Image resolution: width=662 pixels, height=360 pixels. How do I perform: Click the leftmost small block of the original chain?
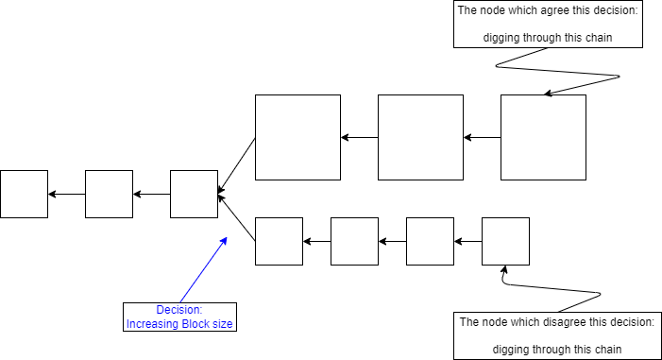pyautogui.click(x=24, y=194)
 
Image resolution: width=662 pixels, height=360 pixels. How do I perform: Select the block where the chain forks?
pyautogui.click(x=194, y=194)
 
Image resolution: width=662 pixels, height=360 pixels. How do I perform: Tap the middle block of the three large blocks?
pyautogui.click(x=420, y=137)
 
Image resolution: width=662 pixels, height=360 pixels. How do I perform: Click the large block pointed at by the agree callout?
pyautogui.click(x=543, y=137)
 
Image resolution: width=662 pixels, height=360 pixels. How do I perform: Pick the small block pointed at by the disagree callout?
pyautogui.click(x=505, y=241)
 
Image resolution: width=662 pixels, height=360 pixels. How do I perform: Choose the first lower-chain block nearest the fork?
pyautogui.click(x=279, y=241)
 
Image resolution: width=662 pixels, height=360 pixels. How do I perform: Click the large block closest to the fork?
pyautogui.click(x=297, y=137)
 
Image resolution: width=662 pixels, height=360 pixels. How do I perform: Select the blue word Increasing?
pyautogui.click(x=154, y=324)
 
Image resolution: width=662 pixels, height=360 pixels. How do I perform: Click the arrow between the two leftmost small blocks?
pyautogui.click(x=66, y=194)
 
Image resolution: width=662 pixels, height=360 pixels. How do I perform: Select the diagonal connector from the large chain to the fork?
pyautogui.click(x=237, y=164)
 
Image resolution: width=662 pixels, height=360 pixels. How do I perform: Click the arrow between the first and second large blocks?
pyautogui.click(x=359, y=137)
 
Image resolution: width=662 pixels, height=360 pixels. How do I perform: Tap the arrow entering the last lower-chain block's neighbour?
pyautogui.click(x=467, y=241)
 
